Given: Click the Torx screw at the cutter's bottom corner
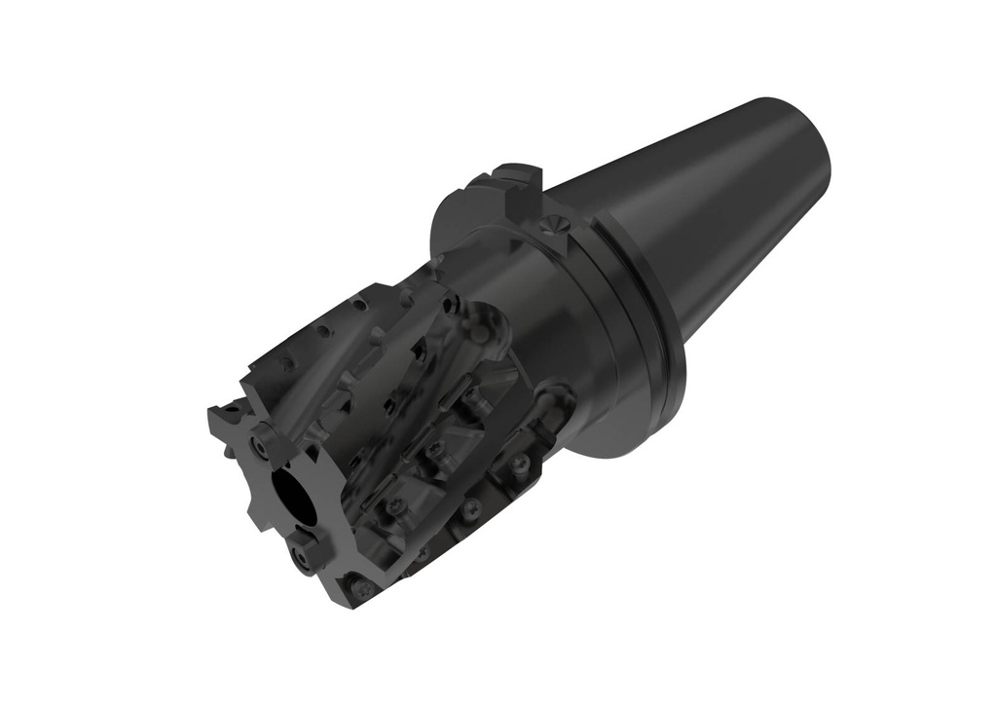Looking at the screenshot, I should click(361, 589).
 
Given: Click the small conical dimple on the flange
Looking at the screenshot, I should click(553, 225).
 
